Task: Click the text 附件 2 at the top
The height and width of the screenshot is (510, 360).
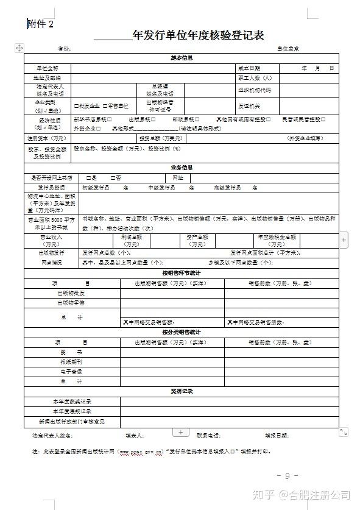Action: coord(41,24)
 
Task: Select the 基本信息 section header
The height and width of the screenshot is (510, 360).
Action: coord(182,58)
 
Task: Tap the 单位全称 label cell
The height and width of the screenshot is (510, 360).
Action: coord(48,68)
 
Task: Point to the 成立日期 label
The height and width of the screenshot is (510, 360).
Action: coord(249,68)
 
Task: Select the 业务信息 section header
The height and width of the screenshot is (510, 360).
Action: coord(182,167)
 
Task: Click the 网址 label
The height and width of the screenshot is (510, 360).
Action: coord(178,177)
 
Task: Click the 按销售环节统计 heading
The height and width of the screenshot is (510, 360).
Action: coord(182,273)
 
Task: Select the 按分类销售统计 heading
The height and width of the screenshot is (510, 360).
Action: coord(182,332)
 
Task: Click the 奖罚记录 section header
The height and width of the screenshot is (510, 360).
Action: coord(182,391)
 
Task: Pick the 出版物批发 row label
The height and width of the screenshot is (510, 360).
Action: coord(71,293)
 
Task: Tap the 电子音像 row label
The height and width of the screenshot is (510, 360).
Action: coord(71,371)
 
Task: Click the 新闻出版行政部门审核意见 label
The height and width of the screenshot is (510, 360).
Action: coord(71,422)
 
